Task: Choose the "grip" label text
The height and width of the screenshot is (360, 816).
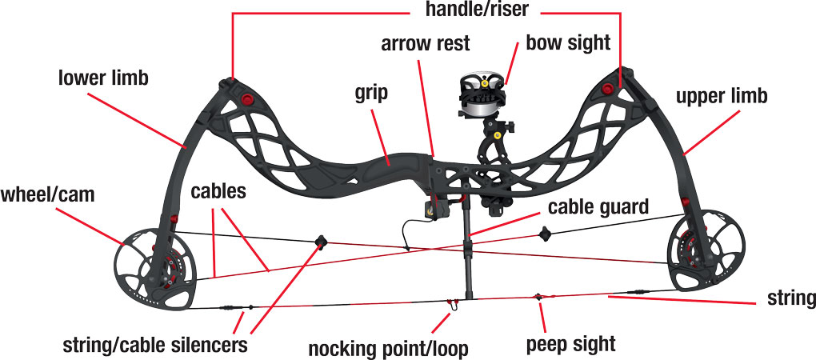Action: pyautogui.click(x=370, y=93)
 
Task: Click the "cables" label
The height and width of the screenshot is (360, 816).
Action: pyautogui.click(x=217, y=194)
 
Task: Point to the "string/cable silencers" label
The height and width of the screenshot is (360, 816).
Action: pyautogui.click(x=154, y=346)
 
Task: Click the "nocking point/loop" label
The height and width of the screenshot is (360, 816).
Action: pyautogui.click(x=388, y=349)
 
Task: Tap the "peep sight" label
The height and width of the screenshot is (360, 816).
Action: pyautogui.click(x=570, y=344)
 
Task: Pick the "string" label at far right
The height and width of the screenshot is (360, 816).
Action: pyautogui.click(x=790, y=299)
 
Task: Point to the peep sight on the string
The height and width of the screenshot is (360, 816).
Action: pyautogui.click(x=538, y=298)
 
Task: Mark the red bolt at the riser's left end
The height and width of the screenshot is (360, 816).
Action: pyautogui.click(x=246, y=99)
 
